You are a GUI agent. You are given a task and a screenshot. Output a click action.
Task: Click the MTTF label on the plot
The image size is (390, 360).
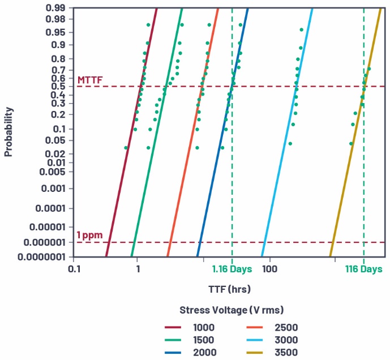click(90, 80)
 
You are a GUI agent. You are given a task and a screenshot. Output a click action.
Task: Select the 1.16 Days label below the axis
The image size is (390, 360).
click(232, 269)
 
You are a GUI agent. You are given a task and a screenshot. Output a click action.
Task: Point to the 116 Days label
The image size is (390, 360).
click(364, 269)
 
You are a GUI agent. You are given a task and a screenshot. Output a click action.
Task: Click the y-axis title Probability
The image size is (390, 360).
click(8, 131)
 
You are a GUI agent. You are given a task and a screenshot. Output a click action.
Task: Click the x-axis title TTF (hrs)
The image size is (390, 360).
click(229, 289)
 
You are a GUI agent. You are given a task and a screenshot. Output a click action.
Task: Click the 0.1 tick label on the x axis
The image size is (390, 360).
click(74, 269)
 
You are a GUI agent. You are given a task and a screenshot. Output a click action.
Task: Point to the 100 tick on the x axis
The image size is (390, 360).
click(269, 269)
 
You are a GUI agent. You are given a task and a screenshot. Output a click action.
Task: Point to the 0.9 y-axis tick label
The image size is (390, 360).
click(59, 45)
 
